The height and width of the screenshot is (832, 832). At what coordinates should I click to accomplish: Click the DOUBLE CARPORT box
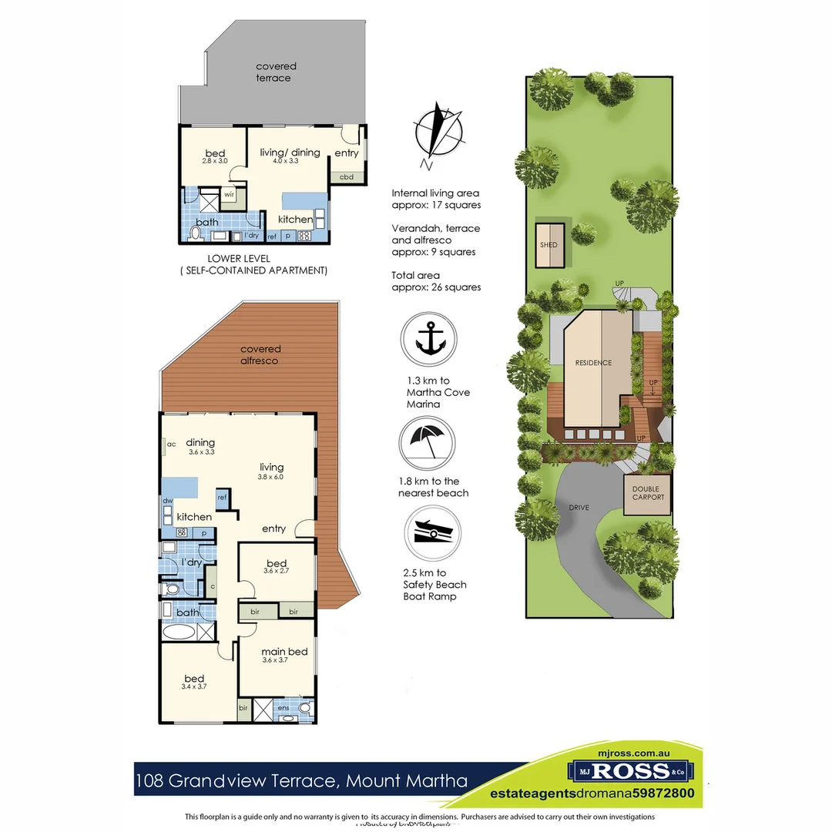click(647, 493)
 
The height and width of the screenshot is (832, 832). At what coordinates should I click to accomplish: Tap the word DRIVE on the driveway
click(579, 508)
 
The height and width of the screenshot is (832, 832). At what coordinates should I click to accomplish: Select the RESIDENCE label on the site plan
click(593, 363)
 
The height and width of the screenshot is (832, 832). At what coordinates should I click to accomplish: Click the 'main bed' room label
click(284, 652)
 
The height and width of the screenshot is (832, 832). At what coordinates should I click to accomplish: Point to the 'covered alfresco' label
click(260, 354)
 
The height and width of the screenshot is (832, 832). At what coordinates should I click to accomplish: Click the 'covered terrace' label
click(276, 72)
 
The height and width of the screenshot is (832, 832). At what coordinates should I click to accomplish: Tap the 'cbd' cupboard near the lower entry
click(347, 176)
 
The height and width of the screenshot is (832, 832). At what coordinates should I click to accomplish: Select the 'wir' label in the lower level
click(230, 195)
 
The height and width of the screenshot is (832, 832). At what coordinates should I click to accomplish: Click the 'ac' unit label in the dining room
click(171, 444)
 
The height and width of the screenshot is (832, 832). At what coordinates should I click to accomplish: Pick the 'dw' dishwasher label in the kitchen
click(167, 501)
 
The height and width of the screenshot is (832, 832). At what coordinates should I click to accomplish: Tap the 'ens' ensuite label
click(283, 707)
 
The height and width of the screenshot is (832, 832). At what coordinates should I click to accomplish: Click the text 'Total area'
click(416, 274)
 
